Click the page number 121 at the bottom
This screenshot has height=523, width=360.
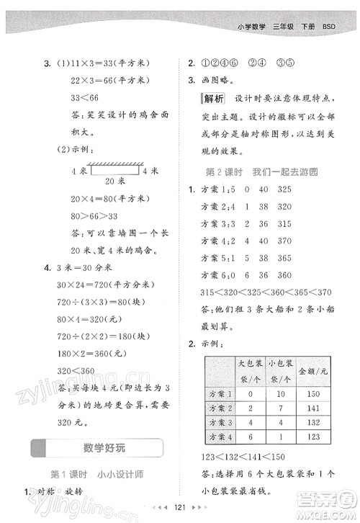(181, 507)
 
